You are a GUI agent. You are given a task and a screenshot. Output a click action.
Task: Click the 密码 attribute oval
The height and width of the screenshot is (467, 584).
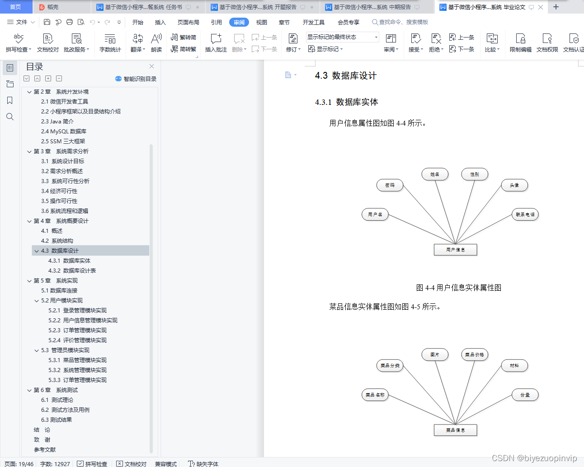tap(390, 185)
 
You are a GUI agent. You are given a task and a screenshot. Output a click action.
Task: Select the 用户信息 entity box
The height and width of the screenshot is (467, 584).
tap(455, 250)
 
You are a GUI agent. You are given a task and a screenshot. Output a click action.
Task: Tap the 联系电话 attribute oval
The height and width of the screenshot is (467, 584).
tap(525, 215)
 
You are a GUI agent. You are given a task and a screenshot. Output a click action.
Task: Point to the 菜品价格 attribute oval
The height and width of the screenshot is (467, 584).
tap(474, 355)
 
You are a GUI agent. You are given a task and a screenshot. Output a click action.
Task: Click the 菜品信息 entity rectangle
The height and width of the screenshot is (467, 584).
tap(455, 430)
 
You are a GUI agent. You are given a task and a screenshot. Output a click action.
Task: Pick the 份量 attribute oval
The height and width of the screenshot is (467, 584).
tap(525, 395)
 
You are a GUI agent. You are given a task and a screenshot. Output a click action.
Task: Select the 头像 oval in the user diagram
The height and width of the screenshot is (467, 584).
tap(514, 185)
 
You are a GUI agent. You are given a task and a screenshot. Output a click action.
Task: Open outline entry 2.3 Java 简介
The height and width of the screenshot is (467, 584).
tap(57, 122)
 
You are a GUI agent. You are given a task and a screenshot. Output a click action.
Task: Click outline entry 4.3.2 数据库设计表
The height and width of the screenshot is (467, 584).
tap(72, 271)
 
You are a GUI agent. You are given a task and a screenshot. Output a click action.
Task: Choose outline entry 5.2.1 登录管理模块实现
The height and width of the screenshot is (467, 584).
tap(77, 311)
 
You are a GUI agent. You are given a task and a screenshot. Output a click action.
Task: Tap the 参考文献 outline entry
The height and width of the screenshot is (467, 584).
tap(45, 450)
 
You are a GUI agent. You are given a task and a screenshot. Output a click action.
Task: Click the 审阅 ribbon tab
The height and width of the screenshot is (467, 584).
tap(239, 22)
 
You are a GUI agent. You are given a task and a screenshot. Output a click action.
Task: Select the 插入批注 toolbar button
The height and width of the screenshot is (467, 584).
tap(216, 43)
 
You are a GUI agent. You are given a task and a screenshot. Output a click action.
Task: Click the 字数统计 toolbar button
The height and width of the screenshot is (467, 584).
tap(110, 43)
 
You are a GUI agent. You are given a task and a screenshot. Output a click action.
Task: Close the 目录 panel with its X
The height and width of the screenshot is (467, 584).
tap(151, 66)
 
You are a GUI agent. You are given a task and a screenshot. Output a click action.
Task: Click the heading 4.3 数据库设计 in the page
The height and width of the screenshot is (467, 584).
tap(346, 75)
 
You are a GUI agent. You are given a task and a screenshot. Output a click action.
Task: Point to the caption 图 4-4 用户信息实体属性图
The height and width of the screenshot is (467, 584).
tap(458, 288)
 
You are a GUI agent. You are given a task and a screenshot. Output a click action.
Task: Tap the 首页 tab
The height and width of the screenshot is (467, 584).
tap(15, 7)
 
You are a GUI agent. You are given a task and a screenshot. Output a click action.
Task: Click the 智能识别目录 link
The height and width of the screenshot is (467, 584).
tap(136, 79)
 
